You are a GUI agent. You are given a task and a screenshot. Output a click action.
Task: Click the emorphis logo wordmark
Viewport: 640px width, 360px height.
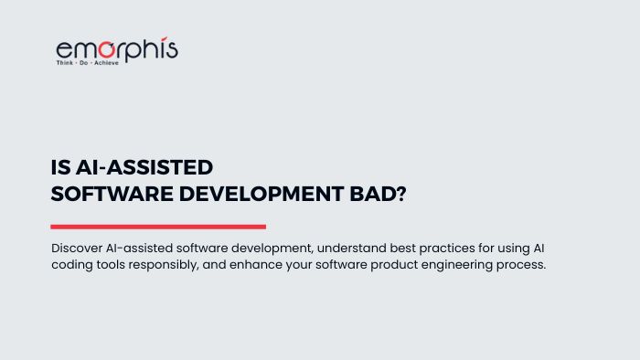[x=116, y=49]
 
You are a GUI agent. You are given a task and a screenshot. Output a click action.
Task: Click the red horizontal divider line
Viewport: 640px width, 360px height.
[x=158, y=227]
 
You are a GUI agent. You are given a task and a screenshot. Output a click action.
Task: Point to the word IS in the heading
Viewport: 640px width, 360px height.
[x=60, y=168]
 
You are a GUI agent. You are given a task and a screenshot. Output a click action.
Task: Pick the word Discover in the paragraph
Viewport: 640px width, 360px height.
[x=79, y=249]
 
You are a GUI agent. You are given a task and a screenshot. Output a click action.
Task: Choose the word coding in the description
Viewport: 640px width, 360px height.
[x=73, y=265]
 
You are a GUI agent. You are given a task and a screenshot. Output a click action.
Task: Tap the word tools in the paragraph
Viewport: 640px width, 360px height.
[x=115, y=265]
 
